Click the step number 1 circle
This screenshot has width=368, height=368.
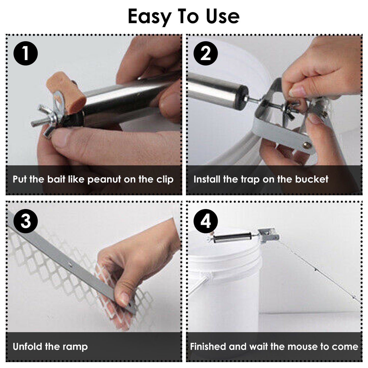(x=25, y=53)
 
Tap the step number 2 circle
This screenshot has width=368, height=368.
(x=206, y=53)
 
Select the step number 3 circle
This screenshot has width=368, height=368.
(x=25, y=221)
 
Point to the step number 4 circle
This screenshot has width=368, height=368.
(x=206, y=221)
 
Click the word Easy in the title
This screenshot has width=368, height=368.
(x=149, y=17)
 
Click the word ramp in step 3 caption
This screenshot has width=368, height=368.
(x=76, y=347)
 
